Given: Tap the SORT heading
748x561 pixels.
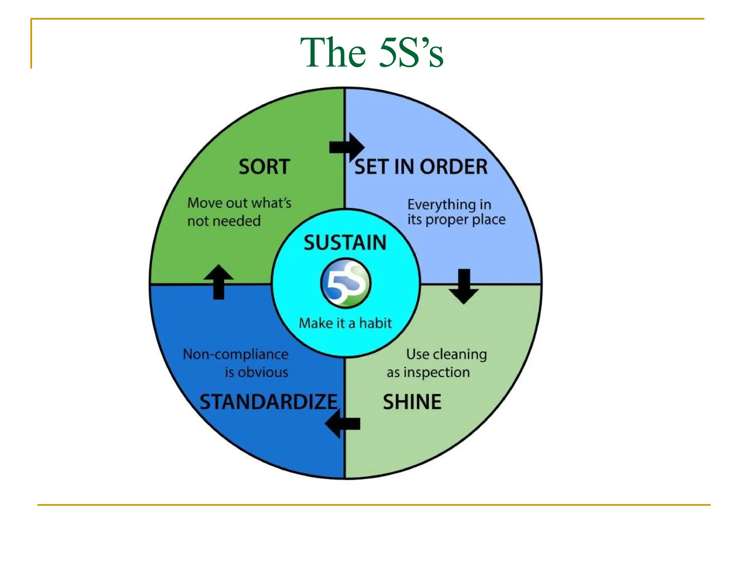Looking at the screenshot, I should click(x=264, y=167).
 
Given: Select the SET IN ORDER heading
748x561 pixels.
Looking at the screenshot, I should click(x=421, y=167).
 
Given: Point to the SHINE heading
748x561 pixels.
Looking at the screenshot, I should click(x=412, y=402).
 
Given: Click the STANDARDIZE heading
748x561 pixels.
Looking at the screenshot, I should click(x=268, y=402).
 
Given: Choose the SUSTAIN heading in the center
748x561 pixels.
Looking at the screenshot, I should click(x=345, y=243).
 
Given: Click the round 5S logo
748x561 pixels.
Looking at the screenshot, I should click(x=346, y=283).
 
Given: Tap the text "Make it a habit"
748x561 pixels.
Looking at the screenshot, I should click(x=345, y=323).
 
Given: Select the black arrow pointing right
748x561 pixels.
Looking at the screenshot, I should click(x=347, y=147).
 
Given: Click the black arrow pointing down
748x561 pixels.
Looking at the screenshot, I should click(x=464, y=286).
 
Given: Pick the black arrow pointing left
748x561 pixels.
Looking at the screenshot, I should click(x=342, y=424).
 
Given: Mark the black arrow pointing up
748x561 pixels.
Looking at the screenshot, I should click(x=218, y=282).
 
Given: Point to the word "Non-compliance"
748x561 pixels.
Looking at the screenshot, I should click(x=236, y=354).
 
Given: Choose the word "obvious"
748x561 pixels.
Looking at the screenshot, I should click(x=263, y=373).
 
